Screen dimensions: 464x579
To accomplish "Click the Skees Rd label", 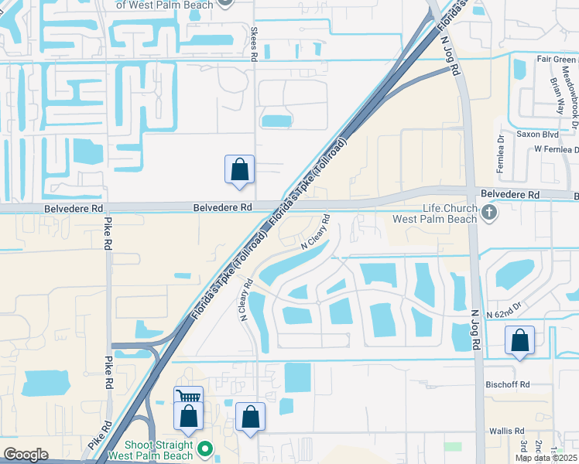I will tap(253, 44).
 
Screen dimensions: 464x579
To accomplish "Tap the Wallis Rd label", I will tap(507, 431).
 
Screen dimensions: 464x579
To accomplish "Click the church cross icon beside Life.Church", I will tap(488, 212).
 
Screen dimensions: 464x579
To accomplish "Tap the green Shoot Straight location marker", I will tap(205, 448).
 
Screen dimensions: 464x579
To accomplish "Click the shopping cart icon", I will tap(188, 397).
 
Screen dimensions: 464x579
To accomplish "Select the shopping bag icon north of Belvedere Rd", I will tap(239, 169).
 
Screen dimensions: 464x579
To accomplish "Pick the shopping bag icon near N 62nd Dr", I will tap(520, 340).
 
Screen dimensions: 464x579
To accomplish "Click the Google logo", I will tap(26, 455).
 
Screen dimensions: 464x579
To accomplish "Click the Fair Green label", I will tap(556, 58).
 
